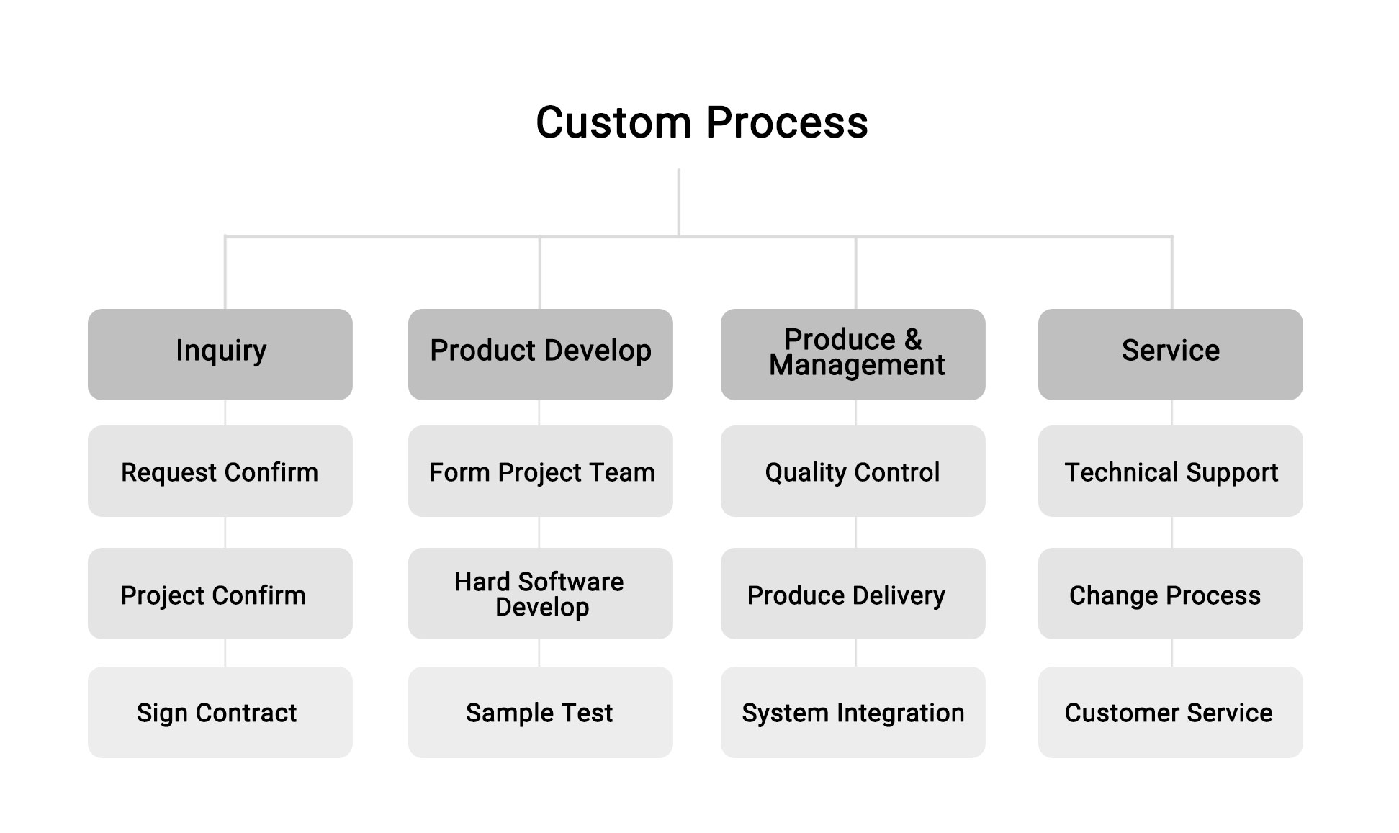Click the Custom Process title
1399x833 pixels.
tap(702, 122)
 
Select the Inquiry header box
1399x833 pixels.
tap(220, 354)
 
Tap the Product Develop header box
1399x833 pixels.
tap(541, 354)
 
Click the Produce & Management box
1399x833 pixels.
tap(853, 354)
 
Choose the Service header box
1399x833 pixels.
tap(1171, 354)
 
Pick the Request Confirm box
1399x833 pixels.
tap(220, 471)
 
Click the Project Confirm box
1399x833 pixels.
tap(220, 593)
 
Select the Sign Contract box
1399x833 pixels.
tap(220, 712)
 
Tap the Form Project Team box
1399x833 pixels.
tap(541, 471)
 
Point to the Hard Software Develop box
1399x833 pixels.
tap(541, 593)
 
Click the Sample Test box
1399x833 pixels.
tap(541, 712)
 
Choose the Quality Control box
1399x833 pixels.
tap(853, 471)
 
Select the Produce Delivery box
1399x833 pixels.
tap(853, 593)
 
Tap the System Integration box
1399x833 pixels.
tap(853, 712)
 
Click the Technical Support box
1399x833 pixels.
tap(1171, 471)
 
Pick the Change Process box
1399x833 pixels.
tap(1171, 593)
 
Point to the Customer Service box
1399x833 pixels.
tap(1171, 712)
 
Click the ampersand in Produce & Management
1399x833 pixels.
tap(913, 339)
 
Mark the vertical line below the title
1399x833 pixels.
tap(679, 202)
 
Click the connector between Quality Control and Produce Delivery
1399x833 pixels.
tap(856, 532)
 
